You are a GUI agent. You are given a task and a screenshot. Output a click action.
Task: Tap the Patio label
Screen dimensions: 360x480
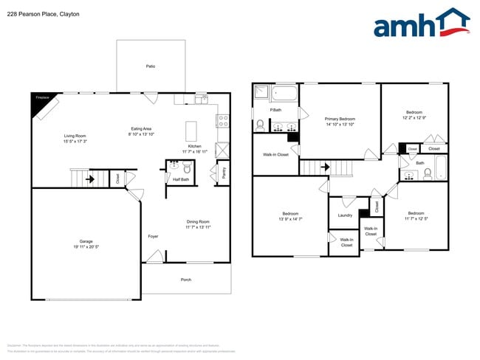pos(150,66)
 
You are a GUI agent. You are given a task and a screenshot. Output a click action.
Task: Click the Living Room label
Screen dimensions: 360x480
pos(75,136)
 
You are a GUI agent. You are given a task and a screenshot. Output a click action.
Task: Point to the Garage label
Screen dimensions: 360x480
pos(86,241)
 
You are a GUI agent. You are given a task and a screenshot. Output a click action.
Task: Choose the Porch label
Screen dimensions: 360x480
pos(186,280)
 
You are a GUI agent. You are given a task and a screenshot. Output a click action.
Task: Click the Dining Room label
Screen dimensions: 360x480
pos(198,221)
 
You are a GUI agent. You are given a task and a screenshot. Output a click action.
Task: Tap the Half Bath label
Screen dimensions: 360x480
pos(181,179)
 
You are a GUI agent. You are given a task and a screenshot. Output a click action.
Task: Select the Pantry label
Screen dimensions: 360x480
pos(224,172)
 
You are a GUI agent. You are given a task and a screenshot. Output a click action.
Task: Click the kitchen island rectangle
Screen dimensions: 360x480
pos(191,131)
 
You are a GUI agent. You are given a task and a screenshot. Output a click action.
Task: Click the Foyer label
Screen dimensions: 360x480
pos(153,236)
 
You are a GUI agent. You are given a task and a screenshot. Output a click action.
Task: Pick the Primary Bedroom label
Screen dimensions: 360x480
pos(340,119)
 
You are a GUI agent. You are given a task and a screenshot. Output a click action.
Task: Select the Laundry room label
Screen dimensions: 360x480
pos(345,215)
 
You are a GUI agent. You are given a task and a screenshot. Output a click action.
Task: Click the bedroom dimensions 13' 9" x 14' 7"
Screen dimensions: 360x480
pos(289,219)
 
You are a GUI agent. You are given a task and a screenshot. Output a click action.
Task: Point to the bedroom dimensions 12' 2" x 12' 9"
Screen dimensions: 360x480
pos(414,117)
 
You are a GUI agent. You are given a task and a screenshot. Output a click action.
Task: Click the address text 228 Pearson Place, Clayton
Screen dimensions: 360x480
pos(43,14)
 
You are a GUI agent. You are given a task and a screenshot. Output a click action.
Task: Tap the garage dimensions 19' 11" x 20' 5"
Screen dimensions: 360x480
pos(86,247)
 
